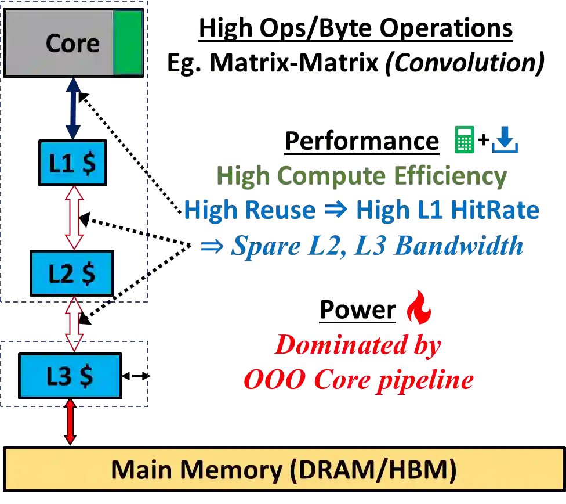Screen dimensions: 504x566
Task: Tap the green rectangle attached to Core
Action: (x=128, y=43)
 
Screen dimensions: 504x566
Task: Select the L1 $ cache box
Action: (x=72, y=163)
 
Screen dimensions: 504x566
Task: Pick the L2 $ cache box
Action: (x=72, y=273)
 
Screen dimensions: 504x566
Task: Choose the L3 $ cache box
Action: (x=70, y=376)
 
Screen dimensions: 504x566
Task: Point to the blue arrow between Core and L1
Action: (x=74, y=109)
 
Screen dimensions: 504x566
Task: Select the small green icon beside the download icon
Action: (x=466, y=141)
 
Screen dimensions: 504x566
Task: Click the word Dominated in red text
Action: (x=341, y=346)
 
